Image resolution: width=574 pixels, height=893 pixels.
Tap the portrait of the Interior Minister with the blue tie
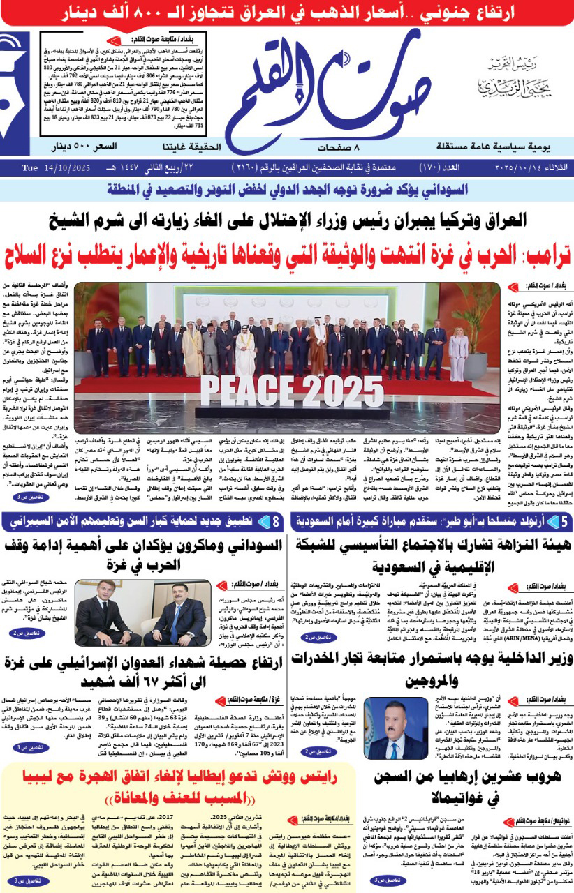tap(395, 729)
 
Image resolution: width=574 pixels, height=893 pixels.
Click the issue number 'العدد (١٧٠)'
tap(440, 168)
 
